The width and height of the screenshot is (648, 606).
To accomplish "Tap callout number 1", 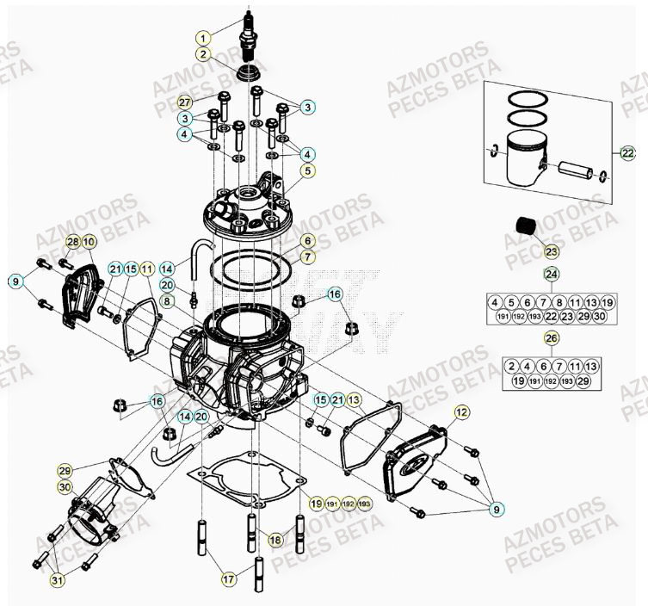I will tap(203, 38).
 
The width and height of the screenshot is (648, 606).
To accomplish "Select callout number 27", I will tap(184, 102).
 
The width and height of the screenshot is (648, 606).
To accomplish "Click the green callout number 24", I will tap(552, 275).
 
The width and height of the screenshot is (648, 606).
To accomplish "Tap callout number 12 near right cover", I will tap(462, 412).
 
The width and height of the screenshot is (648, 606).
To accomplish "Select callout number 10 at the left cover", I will tap(89, 242).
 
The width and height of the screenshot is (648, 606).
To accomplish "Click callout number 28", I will tap(73, 242).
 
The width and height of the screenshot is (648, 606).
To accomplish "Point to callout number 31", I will tap(58, 580).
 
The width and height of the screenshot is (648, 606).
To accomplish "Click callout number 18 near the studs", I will tap(275, 540).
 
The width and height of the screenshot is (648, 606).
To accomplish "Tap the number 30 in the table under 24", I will tap(600, 317).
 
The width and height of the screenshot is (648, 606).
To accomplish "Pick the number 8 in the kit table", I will tap(559, 302).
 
